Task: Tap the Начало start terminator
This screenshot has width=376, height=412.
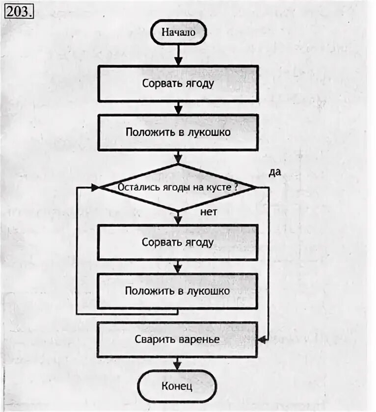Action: coord(178,32)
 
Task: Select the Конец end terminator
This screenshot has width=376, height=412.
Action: coord(177,386)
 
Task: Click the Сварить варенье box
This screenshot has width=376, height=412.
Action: coord(177,339)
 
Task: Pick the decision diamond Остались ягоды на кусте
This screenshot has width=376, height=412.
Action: coord(177,187)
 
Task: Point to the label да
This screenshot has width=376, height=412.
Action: coord(275,173)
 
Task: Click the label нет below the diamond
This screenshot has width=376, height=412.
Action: coord(208,212)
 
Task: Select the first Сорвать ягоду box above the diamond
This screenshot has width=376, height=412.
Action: coord(178,83)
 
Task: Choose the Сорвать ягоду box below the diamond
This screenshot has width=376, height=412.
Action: coord(178,242)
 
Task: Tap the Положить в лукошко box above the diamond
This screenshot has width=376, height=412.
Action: coord(178,132)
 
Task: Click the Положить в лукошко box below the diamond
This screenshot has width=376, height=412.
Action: coord(178,291)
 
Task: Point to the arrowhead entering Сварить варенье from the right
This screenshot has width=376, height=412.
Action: coord(262,339)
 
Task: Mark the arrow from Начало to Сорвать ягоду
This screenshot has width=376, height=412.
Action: coord(178,54)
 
